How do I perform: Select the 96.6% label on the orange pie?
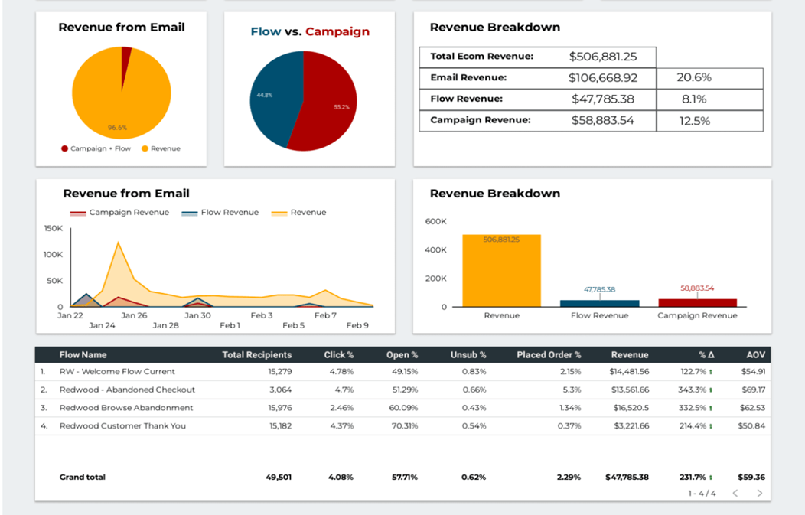117,128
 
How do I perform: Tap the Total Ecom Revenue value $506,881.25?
602,57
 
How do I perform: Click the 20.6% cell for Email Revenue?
694,77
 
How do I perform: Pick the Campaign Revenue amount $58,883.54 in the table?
602,120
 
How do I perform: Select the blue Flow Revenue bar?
599,303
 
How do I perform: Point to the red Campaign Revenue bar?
697,302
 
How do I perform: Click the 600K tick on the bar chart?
435,221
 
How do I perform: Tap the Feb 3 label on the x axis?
262,315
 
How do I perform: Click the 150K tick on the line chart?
54,228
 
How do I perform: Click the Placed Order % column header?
548,355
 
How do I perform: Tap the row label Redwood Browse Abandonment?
126,408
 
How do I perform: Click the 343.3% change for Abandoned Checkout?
691,390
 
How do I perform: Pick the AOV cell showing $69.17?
753,390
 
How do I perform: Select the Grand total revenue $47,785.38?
626,477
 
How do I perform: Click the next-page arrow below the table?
759,494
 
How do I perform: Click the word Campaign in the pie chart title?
337,32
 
